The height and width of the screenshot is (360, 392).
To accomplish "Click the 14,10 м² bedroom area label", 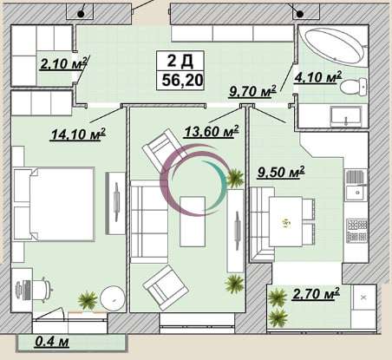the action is tap(78, 134).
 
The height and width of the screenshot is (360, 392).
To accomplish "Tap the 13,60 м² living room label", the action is tap(212, 132).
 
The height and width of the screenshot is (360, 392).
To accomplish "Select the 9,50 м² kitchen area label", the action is tap(281, 173).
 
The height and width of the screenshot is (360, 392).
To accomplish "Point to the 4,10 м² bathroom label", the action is tap(318, 77).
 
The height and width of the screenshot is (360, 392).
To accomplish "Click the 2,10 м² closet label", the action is tap(63, 63).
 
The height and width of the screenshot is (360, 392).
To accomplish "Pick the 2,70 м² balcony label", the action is tap(316, 294).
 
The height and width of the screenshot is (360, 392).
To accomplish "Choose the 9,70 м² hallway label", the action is tap(252, 91).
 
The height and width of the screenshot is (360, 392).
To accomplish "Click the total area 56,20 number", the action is tap(182, 80).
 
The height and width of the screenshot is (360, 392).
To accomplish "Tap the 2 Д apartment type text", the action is tap(180, 61).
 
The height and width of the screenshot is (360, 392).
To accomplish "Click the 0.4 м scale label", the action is tap(52, 342).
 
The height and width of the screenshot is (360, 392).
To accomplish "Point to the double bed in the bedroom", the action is tap(55, 204).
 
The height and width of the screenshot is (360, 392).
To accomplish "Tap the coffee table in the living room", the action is tap(193, 221).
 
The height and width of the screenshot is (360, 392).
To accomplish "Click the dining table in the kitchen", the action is tap(285, 222).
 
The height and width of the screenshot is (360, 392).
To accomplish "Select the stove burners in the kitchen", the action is tap(357, 230).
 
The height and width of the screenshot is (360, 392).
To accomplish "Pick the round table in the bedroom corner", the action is tap(113, 298).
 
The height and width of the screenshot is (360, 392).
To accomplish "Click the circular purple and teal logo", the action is tap(193, 180).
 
